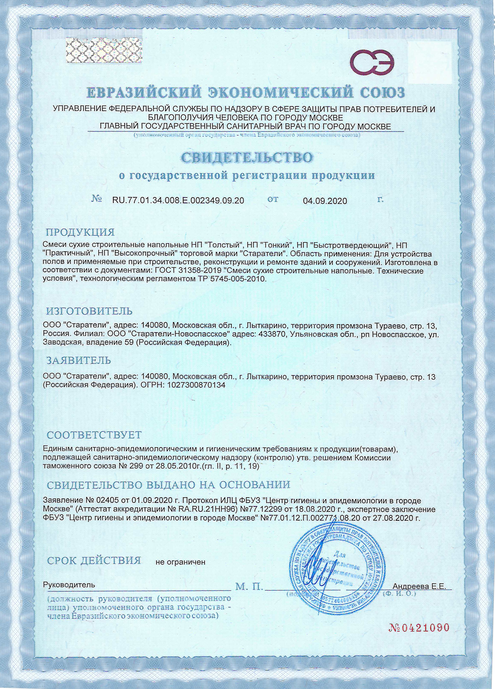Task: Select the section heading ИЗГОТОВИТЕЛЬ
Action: click(x=89, y=311)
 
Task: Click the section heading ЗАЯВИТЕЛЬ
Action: click(x=79, y=361)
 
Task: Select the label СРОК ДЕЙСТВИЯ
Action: click(x=94, y=560)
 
